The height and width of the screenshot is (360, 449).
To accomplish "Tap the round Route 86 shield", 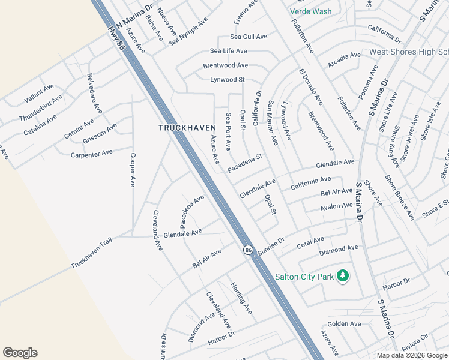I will click(x=247, y=250).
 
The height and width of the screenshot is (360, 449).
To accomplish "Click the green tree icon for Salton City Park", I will click(x=343, y=275).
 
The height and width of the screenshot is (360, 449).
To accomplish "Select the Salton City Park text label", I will click(x=304, y=277).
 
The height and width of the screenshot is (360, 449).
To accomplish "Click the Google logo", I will click(x=20, y=353).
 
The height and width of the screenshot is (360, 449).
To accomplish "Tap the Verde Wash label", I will click(x=310, y=11).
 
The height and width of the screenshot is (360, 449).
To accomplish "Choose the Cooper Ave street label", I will click(x=133, y=169).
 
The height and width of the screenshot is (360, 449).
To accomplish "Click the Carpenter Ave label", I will click(x=92, y=154).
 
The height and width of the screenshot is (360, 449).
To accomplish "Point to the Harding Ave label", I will click(x=241, y=298).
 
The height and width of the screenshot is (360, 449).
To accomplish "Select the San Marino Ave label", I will click(x=273, y=122).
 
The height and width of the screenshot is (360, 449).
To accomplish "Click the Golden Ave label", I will click(x=345, y=324).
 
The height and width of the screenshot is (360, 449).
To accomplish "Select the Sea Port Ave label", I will click(x=228, y=131).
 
